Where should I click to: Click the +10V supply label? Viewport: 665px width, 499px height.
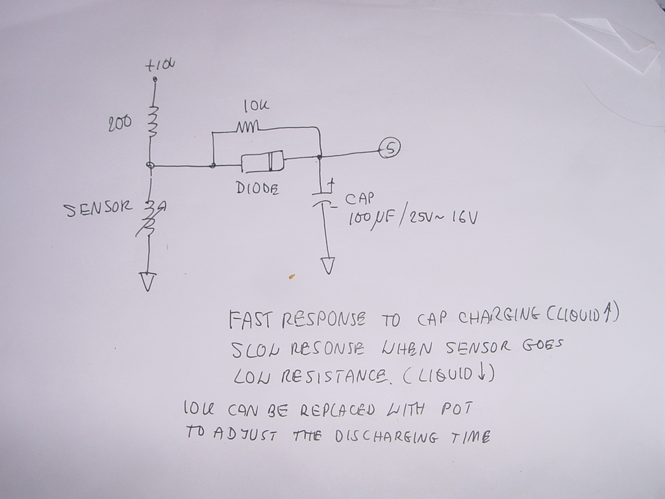160,65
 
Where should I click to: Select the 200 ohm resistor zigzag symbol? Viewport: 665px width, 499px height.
153,118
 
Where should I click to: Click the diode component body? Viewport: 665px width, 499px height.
262,160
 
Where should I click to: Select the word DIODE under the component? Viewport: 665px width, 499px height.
257,189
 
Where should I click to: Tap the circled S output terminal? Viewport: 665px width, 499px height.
390,148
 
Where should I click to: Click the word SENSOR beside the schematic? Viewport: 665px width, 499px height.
97,210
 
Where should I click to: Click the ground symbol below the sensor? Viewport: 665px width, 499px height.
149,281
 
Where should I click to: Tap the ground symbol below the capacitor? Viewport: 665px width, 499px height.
328,266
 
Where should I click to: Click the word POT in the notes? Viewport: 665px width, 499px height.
457,409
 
